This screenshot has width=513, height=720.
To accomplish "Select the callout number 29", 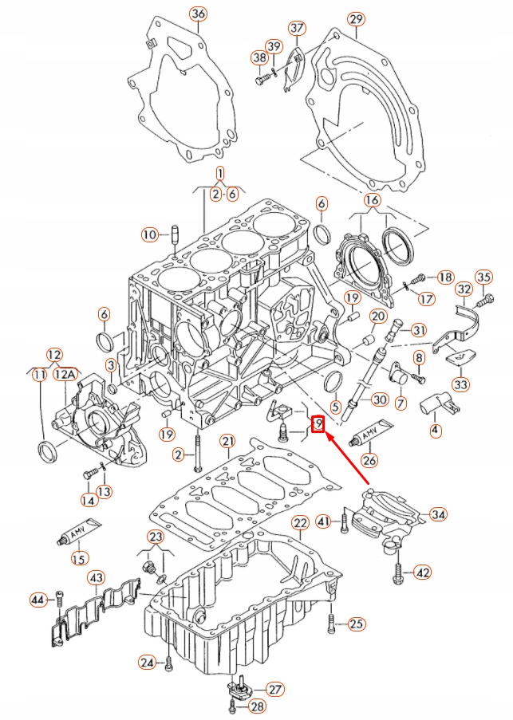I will (356, 18).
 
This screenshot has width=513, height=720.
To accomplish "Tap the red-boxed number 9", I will (318, 423).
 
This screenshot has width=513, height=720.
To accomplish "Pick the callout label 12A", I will (66, 373).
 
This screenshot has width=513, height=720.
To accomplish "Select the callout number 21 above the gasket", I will (227, 441).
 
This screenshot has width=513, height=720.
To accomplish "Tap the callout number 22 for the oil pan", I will (299, 523).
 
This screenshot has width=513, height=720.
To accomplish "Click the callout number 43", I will (95, 576).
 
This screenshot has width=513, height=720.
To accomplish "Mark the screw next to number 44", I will (61, 599).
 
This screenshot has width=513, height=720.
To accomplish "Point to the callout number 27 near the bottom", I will (274, 689).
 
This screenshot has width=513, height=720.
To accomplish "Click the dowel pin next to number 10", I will (174, 235).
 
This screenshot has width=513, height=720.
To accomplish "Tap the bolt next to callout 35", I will (483, 302).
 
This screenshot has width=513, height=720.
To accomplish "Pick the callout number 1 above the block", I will (220, 173).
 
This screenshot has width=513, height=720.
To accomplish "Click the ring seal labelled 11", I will (48, 452).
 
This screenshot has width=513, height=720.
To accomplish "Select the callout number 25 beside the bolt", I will (356, 623).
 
